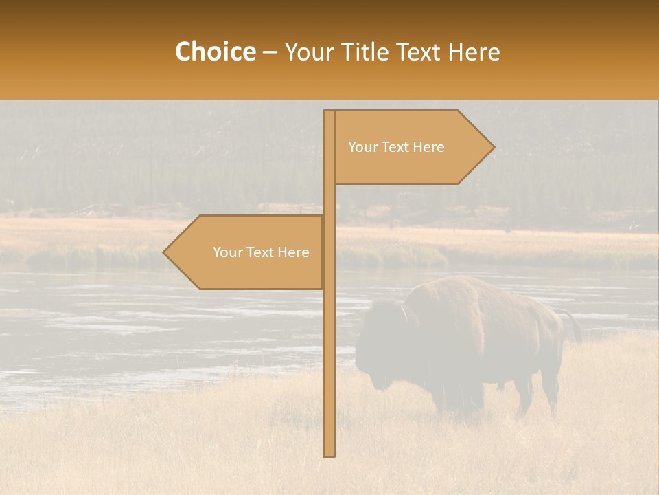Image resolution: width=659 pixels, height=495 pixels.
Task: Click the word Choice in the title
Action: (215, 52)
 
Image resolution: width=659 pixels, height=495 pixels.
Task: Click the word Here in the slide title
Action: (474, 52)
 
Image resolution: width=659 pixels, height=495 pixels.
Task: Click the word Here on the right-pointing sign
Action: (430, 147)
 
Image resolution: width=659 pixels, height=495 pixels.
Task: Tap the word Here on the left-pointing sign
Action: (294, 252)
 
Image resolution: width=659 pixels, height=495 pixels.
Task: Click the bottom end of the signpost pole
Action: (329, 454)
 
